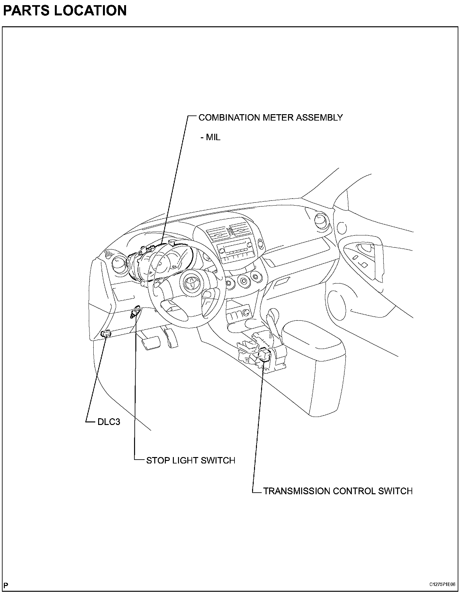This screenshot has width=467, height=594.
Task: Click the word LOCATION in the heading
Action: coord(90,11)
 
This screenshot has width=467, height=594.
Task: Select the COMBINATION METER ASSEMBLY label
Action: coord(270,118)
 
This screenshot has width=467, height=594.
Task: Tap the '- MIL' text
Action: coord(210,137)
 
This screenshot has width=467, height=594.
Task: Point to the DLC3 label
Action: coord(109,422)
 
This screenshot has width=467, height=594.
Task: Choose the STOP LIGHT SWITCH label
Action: coord(191,461)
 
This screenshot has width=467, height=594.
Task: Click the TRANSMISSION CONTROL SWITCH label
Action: coord(338,491)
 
